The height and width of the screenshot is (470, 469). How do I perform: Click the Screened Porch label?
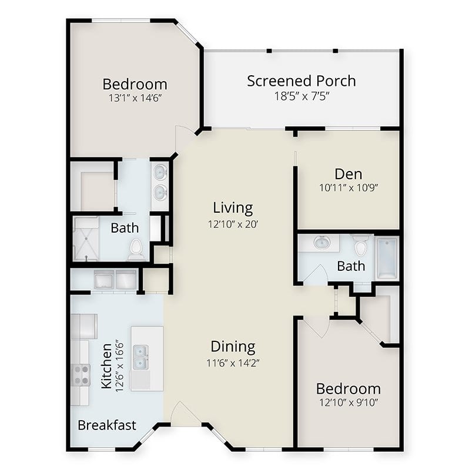pos(301,81)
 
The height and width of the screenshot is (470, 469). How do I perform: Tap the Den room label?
pos(348,174)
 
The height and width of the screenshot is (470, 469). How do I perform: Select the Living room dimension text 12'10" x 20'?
pos(233,224)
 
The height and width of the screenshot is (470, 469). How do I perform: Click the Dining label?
pos(233,347)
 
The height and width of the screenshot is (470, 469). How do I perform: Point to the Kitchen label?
pos(107,366)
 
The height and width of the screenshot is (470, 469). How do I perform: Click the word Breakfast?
pos(107,425)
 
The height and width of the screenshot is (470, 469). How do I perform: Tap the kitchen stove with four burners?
pos(81,375)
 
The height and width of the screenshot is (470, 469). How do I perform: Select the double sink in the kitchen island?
pos(140,357)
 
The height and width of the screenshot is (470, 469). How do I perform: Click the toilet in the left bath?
pos(136,249)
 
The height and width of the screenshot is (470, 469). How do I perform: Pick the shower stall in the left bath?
pos(86,239)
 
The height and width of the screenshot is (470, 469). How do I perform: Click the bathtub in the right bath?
pos(387,258)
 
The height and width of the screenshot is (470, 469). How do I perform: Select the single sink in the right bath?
pos(321,243)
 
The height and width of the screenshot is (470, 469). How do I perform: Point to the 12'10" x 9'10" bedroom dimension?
pos(349,402)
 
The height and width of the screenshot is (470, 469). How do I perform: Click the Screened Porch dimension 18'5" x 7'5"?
pos(301,96)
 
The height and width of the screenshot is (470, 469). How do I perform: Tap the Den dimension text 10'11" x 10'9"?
pos(349,187)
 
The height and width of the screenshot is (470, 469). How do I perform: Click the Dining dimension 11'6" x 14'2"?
pos(233,363)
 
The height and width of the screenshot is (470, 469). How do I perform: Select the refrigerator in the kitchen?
pos(84,327)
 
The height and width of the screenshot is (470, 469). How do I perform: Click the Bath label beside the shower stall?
pos(125,228)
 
